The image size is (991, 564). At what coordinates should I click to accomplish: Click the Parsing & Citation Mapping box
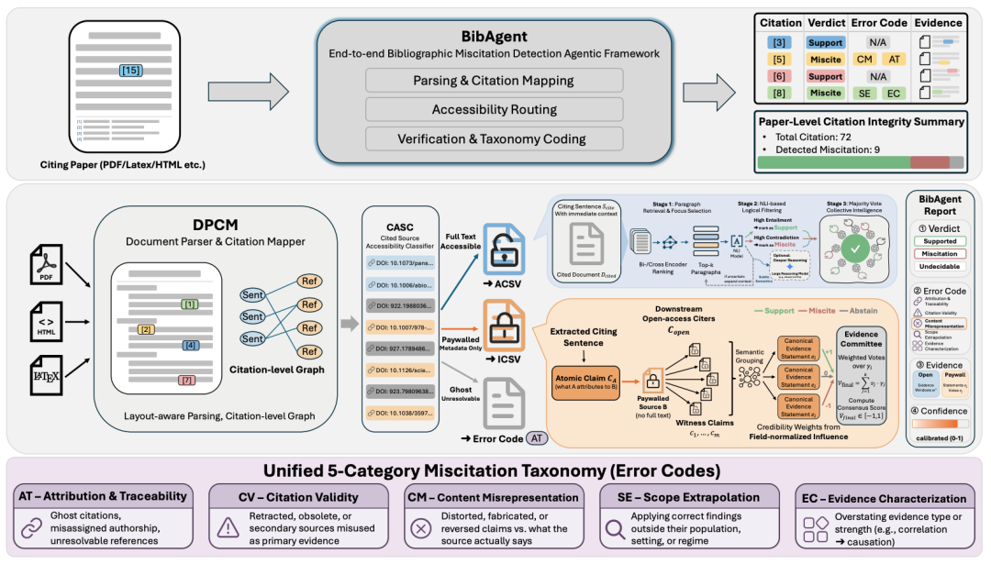[495, 81]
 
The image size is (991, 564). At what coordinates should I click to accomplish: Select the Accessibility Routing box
[495, 110]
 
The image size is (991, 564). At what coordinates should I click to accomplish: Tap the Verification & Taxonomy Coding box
[495, 139]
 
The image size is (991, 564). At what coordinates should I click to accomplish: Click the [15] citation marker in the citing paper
[131, 70]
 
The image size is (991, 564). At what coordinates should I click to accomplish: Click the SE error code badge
[863, 93]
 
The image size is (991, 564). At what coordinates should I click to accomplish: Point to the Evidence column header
[938, 22]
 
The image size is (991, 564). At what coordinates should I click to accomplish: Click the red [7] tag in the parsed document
[186, 379]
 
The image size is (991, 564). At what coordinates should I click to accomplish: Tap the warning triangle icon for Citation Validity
[227, 527]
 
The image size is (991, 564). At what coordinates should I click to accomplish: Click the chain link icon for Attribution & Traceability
[32, 527]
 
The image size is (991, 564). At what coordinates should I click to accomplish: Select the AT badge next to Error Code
[535, 438]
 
